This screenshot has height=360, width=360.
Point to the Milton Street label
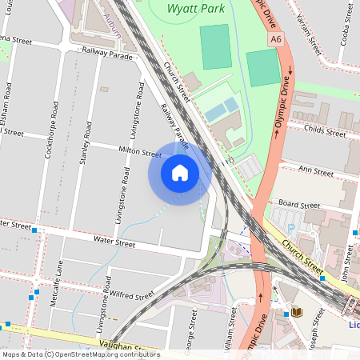[x=141, y=152]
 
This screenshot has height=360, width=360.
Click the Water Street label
[x=114, y=239]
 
